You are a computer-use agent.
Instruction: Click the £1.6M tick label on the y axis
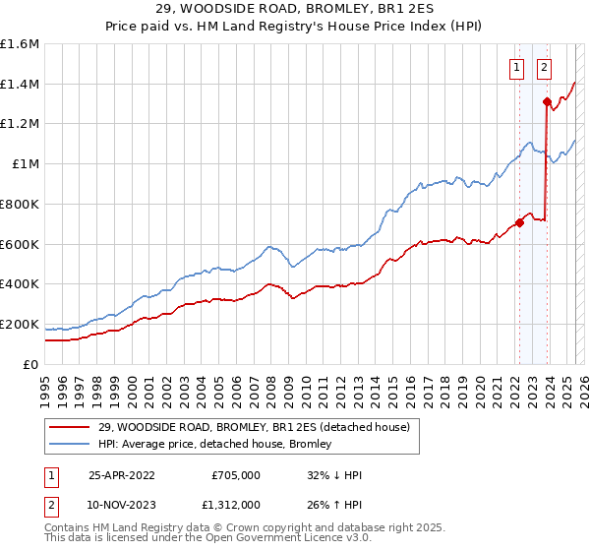click(x=20, y=44)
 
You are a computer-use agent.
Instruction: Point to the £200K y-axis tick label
click(x=20, y=324)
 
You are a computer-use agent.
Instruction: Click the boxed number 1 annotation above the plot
click(x=516, y=68)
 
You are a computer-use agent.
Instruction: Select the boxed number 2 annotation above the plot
click(x=544, y=68)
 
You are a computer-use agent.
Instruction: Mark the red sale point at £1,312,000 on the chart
click(x=547, y=101)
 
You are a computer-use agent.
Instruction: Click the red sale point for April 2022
click(x=519, y=222)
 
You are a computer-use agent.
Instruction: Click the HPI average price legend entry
click(x=214, y=444)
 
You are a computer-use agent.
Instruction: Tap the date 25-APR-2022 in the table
click(x=121, y=475)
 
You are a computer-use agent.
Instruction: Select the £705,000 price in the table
click(x=235, y=475)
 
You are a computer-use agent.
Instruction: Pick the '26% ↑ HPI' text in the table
click(x=334, y=505)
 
